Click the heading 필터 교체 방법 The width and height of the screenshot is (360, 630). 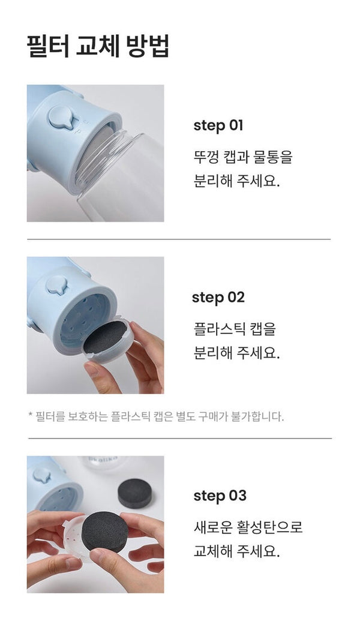click(98, 47)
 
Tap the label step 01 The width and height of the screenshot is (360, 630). click(218, 125)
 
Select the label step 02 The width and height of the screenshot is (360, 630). click(218, 298)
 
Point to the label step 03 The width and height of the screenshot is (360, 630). click(220, 496)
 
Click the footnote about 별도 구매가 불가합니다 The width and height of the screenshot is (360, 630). click(156, 416)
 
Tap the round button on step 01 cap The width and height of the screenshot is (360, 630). click(63, 116)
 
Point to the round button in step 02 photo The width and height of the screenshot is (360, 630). click(56, 285)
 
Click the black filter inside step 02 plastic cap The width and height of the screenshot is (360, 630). click(105, 337)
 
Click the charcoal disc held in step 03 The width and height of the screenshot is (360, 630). click(105, 532)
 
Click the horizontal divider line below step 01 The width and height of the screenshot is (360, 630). click(179, 239)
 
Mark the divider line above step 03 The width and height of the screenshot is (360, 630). click(180, 439)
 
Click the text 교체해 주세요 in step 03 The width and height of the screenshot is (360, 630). click(236, 551)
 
